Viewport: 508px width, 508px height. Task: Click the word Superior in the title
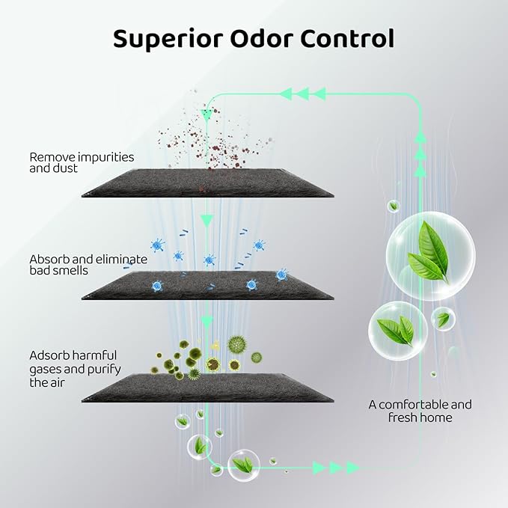pos(168,40)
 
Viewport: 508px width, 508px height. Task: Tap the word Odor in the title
pos(261,39)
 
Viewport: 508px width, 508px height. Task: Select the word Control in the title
pos(347,39)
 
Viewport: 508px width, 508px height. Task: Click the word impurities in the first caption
pos(105,157)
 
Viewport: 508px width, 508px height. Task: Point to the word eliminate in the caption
pos(121,259)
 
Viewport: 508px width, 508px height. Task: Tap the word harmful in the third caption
pos(94,355)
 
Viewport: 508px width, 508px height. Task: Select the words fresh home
pos(420,417)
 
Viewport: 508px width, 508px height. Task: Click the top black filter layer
pos(207,183)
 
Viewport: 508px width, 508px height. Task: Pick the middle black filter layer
pos(207,286)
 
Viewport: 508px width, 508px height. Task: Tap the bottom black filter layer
pos(207,388)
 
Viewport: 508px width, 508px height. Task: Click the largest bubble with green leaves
pos(431,256)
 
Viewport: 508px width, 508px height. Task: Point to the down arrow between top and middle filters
pos(206,220)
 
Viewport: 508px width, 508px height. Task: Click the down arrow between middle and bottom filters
pos(206,322)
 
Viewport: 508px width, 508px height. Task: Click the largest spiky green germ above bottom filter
pos(237,345)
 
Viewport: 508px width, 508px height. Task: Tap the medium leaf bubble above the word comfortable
pos(398,331)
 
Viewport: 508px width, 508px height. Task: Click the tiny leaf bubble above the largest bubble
pos(394,206)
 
